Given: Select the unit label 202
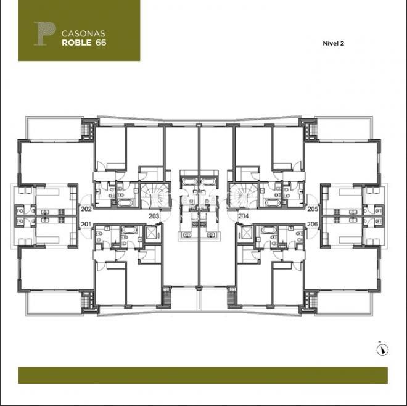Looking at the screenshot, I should tap(86, 209).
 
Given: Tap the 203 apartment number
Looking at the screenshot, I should tap(154, 217).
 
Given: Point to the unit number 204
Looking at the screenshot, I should tap(244, 217).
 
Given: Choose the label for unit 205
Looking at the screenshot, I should tap(312, 209).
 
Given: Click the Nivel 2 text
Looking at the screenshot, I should tap(333, 43).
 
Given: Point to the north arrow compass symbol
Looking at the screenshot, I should tap(383, 350).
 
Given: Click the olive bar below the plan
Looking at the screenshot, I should tap(203, 375).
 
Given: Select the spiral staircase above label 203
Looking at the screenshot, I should tap(154, 197).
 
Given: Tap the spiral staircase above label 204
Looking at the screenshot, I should tap(244, 197).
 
